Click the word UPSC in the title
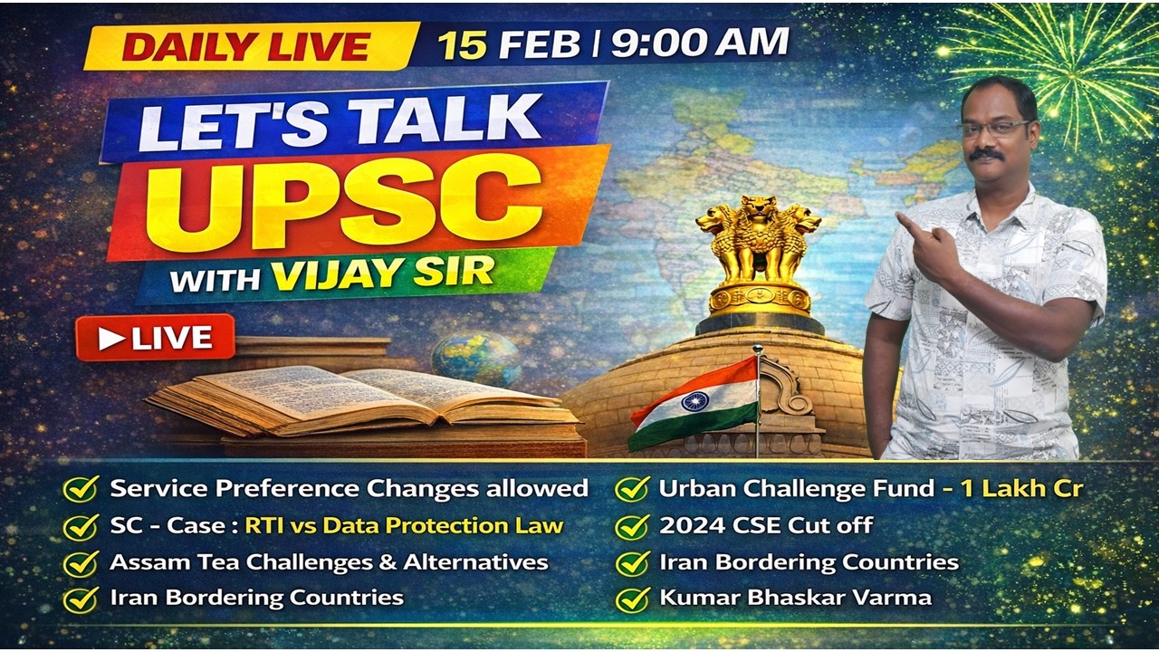pos(353,205)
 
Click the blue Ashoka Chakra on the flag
pos(694,399)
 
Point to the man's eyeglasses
pos(994,128)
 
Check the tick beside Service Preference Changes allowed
pos(81,489)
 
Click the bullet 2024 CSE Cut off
pos(765,525)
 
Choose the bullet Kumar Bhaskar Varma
pos(795,598)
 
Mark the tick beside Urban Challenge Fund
pos(631,489)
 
